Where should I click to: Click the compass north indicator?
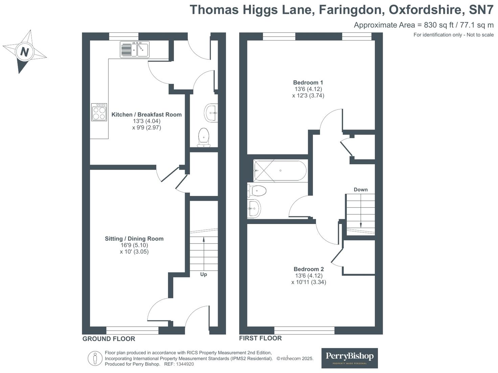(x=24, y=52)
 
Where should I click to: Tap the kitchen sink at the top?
(x=134, y=50)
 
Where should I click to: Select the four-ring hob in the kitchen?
(x=99, y=112)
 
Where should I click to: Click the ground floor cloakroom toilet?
(x=204, y=137)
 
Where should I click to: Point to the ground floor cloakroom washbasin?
(x=211, y=113)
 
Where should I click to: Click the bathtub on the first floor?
(x=280, y=171)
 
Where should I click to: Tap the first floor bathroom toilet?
(x=257, y=191)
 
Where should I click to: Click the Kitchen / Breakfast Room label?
(x=146, y=115)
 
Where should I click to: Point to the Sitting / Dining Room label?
(x=134, y=239)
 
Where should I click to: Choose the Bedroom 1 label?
(x=308, y=82)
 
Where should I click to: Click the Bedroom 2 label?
(x=309, y=269)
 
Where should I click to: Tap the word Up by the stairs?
(x=203, y=274)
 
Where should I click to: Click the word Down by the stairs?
(x=360, y=190)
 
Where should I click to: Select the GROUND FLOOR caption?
(x=109, y=339)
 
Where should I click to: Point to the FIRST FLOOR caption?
(x=260, y=338)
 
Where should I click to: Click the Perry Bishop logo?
(x=349, y=358)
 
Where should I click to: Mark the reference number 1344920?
(x=185, y=364)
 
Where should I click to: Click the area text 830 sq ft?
(x=438, y=25)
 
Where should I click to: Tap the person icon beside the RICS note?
(x=95, y=358)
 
